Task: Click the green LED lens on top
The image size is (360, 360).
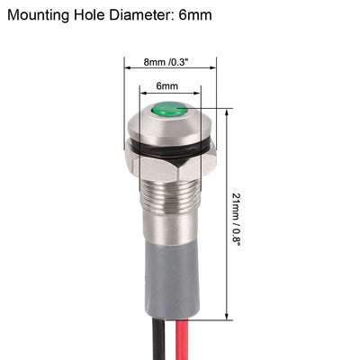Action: tap(168, 111)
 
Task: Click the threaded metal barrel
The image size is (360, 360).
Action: tap(169, 202)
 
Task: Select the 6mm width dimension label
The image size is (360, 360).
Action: tap(166, 85)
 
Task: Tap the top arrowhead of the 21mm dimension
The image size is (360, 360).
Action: tap(226, 111)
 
